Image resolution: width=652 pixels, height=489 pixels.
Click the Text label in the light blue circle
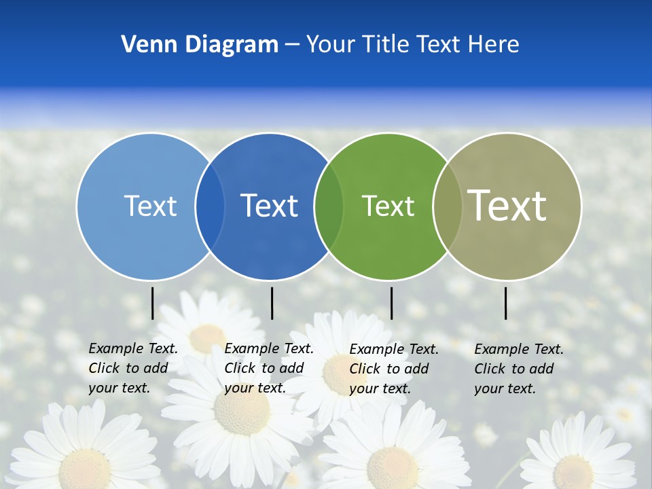pos(150,206)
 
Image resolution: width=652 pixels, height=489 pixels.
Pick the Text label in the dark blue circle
pos(269,206)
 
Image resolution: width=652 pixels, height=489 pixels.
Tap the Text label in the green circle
pos(388,206)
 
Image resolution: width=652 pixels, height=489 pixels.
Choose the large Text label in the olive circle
pos(507,206)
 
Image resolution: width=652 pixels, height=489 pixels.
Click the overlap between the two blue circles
pos(210,206)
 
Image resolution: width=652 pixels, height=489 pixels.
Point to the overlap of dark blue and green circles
pos(329,206)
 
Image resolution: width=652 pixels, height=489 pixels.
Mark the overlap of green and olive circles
pos(448,206)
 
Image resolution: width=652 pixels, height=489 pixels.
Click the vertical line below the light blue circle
pos(153,303)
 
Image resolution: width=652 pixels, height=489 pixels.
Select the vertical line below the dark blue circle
pos(272,303)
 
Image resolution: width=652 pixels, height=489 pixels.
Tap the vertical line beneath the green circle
pos(391,303)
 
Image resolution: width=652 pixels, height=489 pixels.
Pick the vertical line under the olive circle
pos(506,303)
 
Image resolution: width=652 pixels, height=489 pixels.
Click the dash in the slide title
pos(291,45)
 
